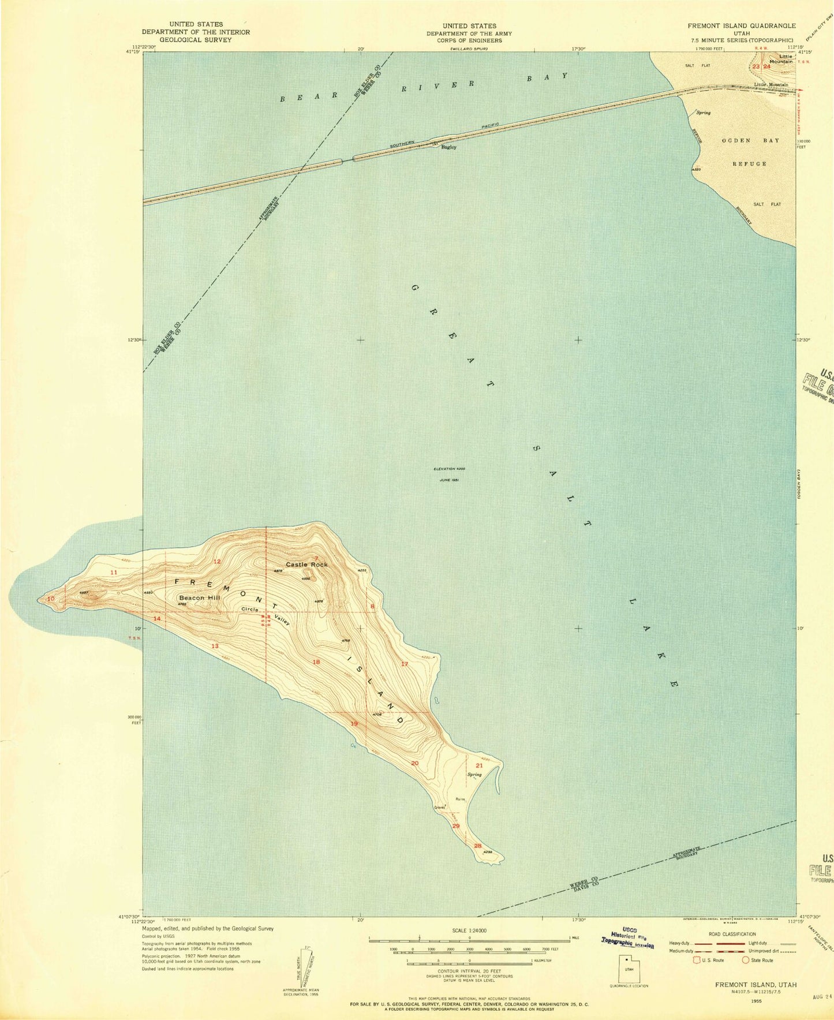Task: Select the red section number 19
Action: (354, 723)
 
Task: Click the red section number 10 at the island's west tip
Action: (51, 599)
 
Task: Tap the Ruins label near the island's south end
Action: (460, 799)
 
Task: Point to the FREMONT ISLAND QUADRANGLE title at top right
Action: (741, 26)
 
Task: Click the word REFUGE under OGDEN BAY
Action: (749, 164)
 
